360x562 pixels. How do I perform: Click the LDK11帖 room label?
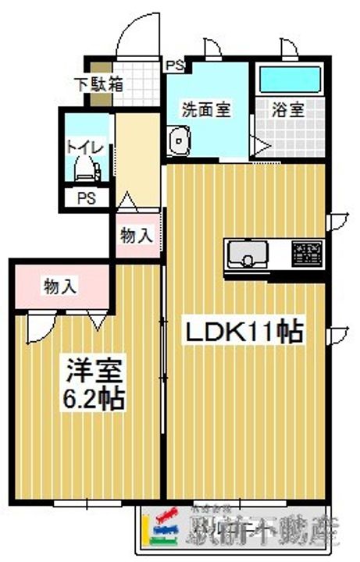[x=243, y=333]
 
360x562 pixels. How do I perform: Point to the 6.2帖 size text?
[x=92, y=399]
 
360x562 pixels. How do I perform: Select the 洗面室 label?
[x=207, y=108]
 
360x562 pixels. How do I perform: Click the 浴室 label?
[x=287, y=108]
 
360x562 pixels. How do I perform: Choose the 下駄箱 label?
[x=99, y=84]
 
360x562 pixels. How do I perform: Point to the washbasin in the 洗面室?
[x=180, y=143]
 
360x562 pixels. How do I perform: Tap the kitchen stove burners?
[x=306, y=252]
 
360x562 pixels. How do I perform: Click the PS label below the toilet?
[x=85, y=198]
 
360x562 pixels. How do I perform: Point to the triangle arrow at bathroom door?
[x=256, y=144]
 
